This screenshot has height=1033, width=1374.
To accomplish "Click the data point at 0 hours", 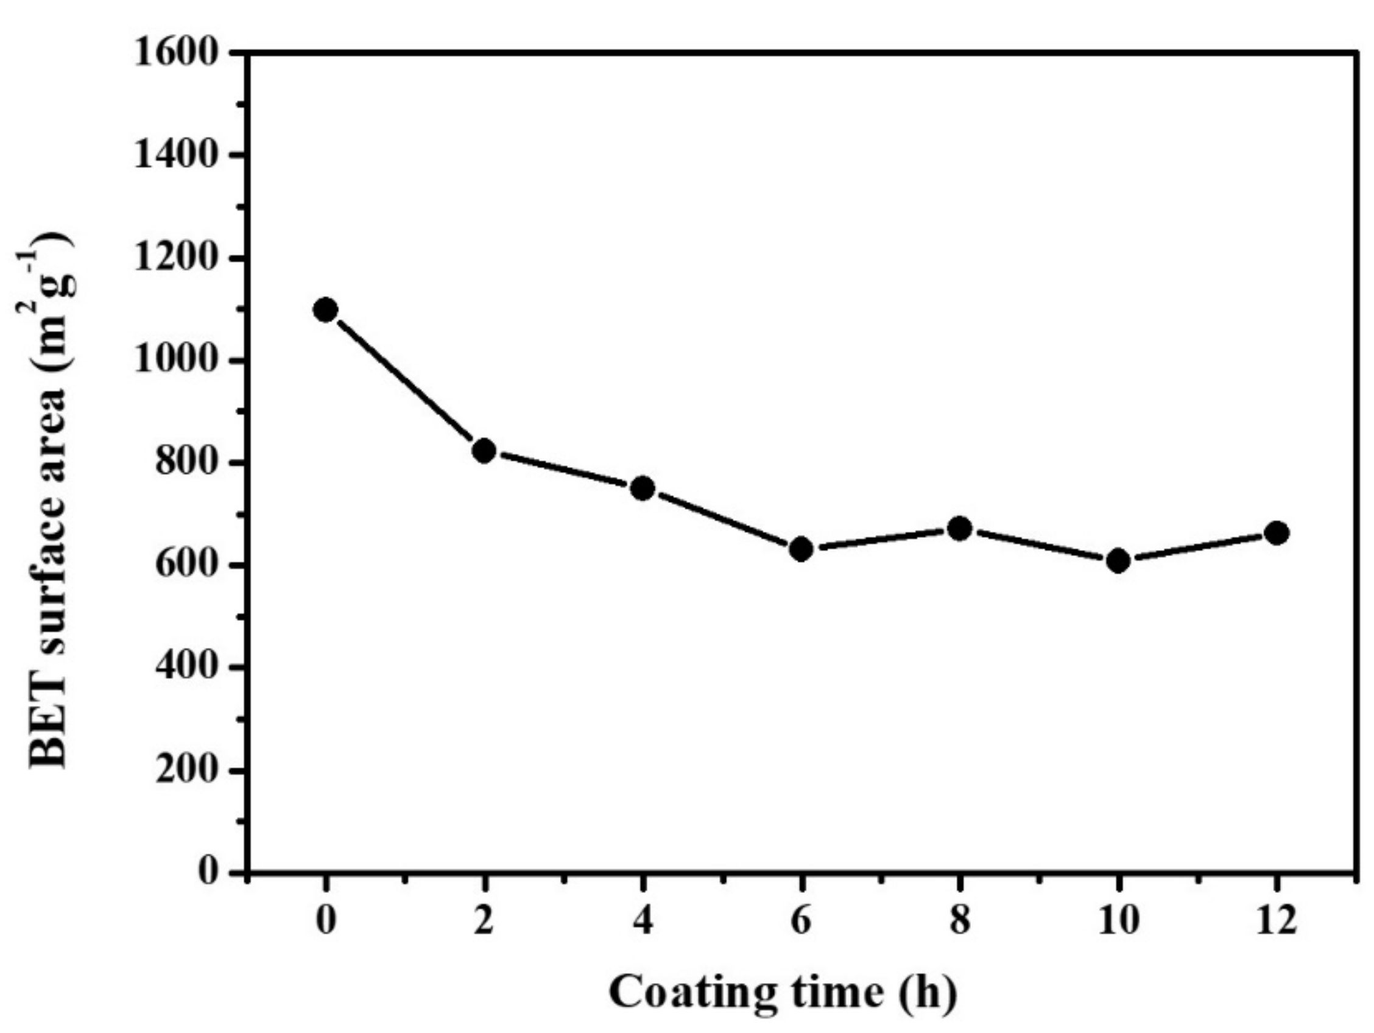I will [325, 309].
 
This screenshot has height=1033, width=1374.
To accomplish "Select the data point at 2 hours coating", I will [484, 450].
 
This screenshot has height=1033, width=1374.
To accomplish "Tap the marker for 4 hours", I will [643, 488].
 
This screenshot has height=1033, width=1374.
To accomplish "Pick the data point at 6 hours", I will [801, 549].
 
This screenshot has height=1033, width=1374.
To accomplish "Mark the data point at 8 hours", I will [960, 529].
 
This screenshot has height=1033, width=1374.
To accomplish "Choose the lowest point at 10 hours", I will [1118, 562].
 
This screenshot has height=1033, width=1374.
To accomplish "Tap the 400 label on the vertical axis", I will [188, 668].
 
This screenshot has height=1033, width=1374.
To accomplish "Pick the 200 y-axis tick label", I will [188, 771].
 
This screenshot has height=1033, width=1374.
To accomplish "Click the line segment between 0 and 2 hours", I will [404, 379].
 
